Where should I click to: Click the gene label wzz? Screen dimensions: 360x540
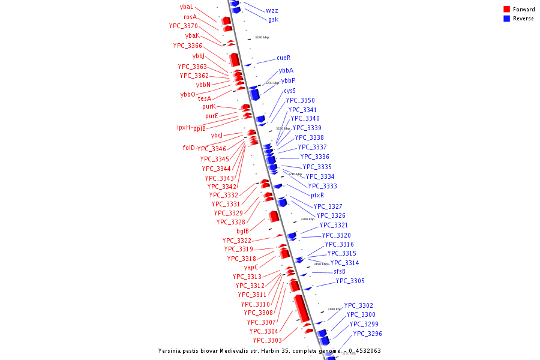(x=272, y=11)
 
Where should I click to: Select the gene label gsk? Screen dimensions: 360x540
(x=273, y=20)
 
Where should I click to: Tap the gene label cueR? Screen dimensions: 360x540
(x=283, y=58)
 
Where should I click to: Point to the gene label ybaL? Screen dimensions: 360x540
(x=187, y=7)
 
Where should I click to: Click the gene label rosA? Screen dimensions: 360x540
(x=190, y=17)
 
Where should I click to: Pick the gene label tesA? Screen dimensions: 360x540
(x=205, y=98)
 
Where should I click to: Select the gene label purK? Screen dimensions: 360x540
(x=209, y=107)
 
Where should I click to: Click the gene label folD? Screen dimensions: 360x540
(x=188, y=148)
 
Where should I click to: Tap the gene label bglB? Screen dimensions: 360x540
(x=242, y=231)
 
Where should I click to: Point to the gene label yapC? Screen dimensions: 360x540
(x=251, y=268)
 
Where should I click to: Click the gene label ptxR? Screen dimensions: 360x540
(x=317, y=195)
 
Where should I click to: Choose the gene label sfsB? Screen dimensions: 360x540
(x=340, y=271)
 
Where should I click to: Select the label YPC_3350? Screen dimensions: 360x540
(x=300, y=101)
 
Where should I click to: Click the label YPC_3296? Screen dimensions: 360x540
(x=367, y=334)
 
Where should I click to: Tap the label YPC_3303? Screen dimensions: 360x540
(x=267, y=341)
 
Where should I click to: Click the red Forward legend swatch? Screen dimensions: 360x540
(x=507, y=10)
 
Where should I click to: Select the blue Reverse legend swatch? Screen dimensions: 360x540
(x=507, y=19)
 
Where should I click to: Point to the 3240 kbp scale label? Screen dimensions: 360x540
(x=262, y=37)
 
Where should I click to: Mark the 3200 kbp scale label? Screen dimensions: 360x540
(x=307, y=219)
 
